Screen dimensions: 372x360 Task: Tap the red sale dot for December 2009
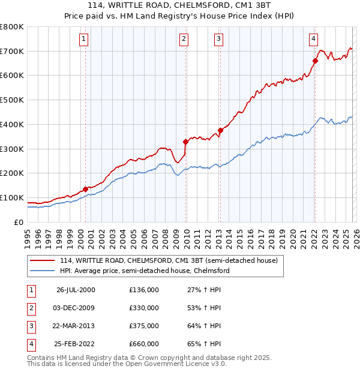185,142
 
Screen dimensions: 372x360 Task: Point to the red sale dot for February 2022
315,60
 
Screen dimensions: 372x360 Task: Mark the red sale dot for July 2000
86,189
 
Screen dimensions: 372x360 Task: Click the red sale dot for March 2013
220,130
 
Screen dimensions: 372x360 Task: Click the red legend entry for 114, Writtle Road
168,261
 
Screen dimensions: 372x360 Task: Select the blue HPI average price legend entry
144,271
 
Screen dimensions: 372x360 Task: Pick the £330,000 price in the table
144,308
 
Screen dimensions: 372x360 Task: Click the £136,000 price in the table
144,290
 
